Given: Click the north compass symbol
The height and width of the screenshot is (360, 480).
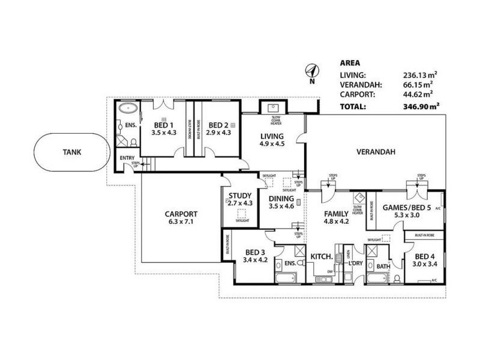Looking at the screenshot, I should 311,71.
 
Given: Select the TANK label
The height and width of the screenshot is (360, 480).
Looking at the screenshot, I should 71,152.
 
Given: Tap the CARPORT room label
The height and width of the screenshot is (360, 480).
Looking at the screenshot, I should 181,214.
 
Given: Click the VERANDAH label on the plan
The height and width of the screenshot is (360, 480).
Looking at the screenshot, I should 376,152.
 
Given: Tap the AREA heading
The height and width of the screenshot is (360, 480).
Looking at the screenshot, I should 350,62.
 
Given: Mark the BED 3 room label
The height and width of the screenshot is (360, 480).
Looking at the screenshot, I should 255,252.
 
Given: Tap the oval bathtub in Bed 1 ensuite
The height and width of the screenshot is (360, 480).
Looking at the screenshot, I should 127,109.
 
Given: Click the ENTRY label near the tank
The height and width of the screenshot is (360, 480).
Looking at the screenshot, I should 127,158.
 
